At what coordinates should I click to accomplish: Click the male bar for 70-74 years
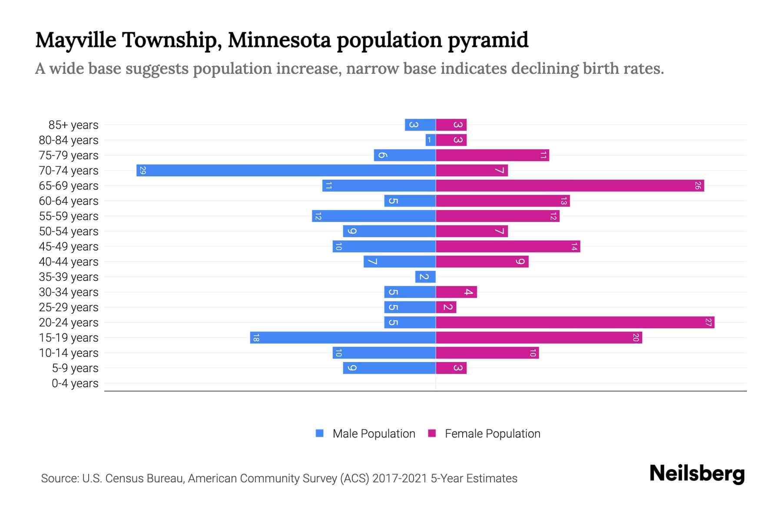tap(286, 170)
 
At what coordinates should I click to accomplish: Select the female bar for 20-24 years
tap(575, 322)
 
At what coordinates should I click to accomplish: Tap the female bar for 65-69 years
tap(570, 185)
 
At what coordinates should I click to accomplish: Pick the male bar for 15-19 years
tap(343, 337)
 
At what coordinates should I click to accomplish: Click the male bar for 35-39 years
tap(425, 277)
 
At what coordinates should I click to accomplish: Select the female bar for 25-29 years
tap(446, 307)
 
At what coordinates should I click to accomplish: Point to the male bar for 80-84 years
tap(431, 140)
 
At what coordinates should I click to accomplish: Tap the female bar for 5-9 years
tap(451, 368)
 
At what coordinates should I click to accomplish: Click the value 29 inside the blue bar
tap(142, 170)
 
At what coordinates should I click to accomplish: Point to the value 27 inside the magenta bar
tap(708, 322)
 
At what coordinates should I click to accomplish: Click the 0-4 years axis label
tap(75, 383)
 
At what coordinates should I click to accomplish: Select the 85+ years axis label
tap(73, 125)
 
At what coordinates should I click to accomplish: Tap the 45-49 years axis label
tap(69, 247)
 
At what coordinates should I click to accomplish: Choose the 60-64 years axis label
tap(69, 201)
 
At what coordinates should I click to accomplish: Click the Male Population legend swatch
tap(320, 433)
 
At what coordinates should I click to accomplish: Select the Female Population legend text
tap(492, 433)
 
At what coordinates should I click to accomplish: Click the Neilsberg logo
tap(697, 474)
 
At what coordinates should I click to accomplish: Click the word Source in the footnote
tap(59, 478)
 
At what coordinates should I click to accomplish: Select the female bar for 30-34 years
tap(456, 292)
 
